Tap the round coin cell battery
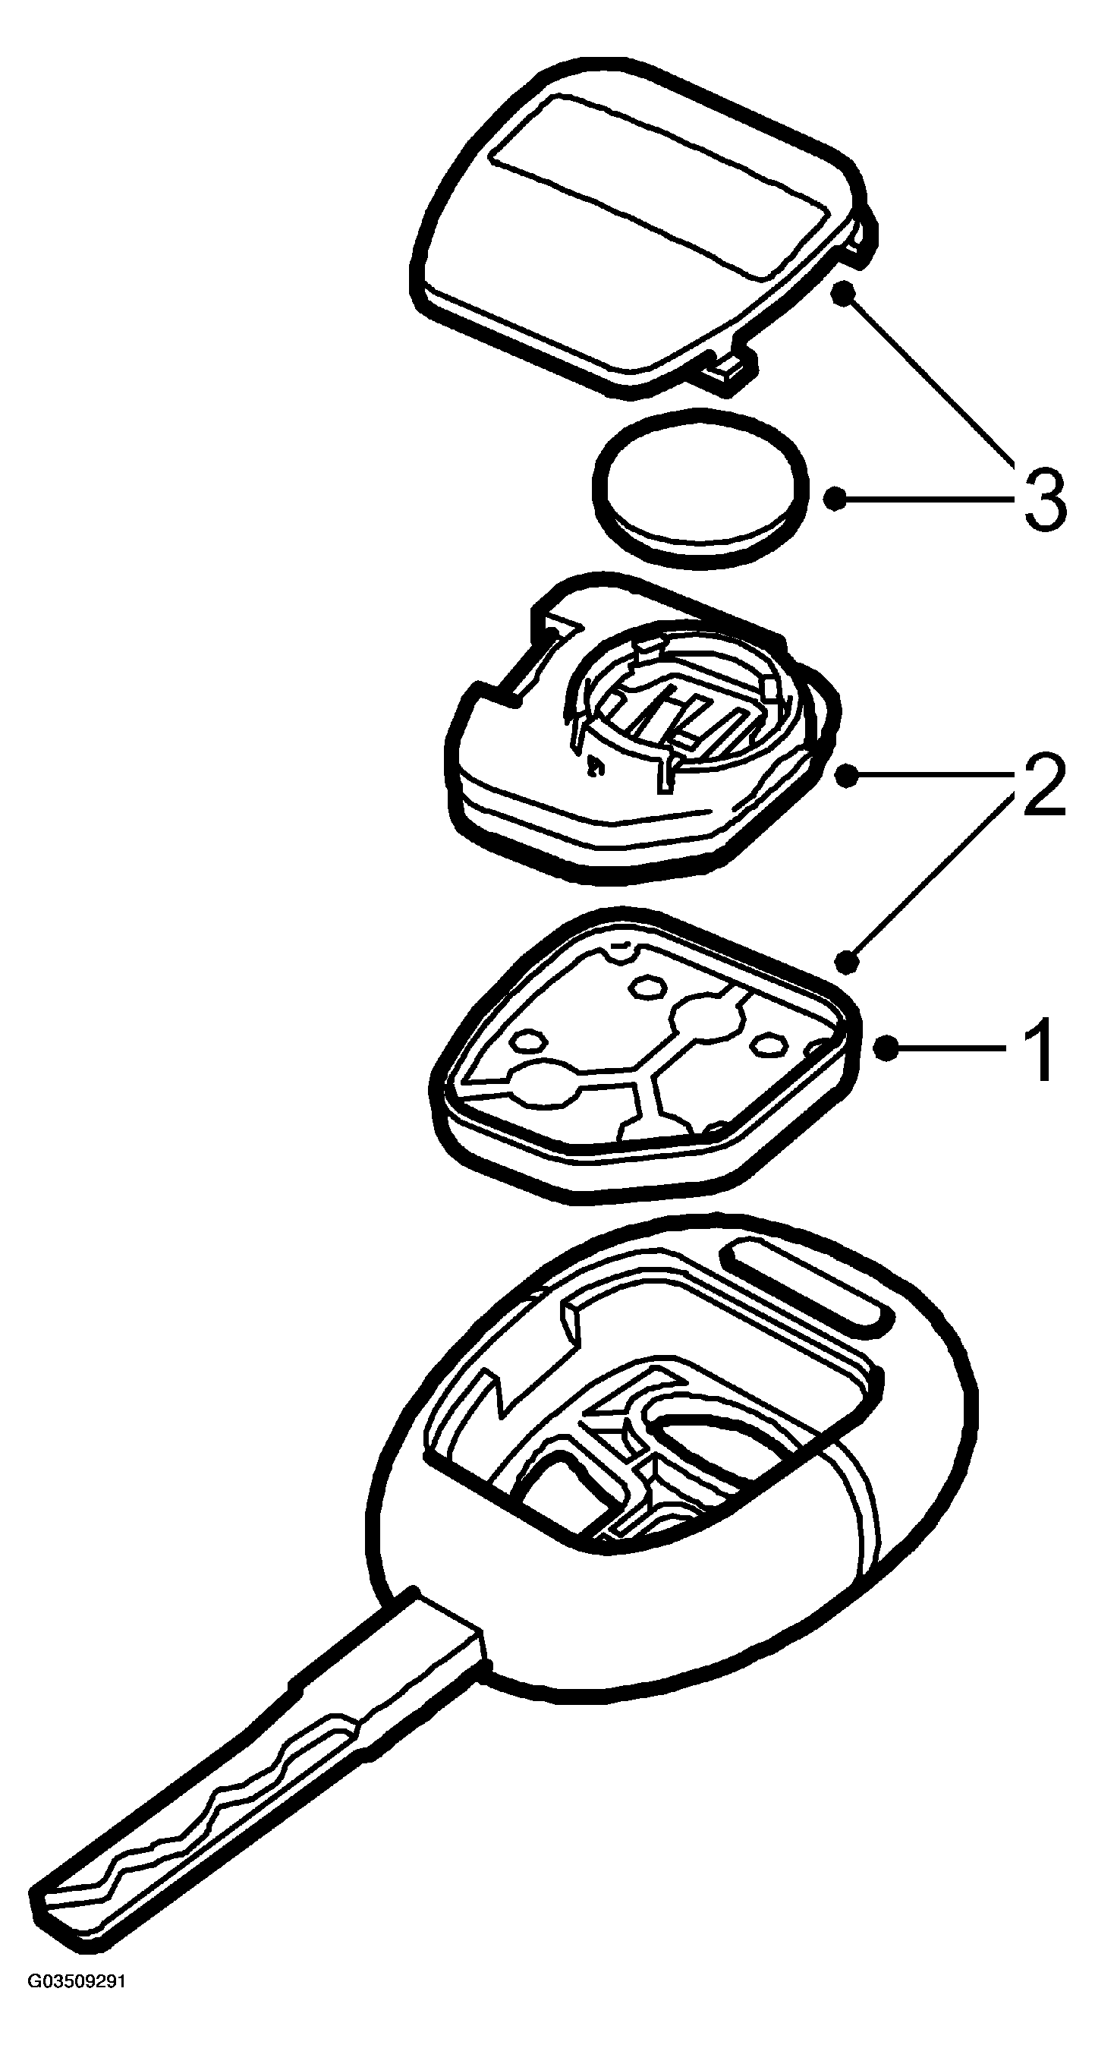(x=700, y=490)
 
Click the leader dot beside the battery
(x=834, y=499)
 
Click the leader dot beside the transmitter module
(x=847, y=775)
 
